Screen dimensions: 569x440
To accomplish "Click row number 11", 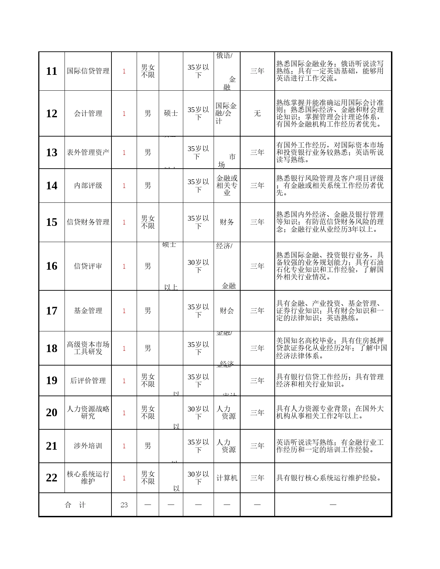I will pos(51,71).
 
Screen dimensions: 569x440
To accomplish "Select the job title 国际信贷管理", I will pos(88,71).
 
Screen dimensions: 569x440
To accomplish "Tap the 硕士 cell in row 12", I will pos(171,113).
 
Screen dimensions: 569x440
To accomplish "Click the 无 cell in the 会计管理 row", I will pos(257,113).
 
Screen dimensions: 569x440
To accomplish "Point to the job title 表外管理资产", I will pos(88,152).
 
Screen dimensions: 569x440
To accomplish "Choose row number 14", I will pos(51,186).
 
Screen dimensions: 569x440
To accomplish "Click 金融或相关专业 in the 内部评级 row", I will pos(227,186).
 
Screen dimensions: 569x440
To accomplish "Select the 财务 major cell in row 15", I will pos(227,222).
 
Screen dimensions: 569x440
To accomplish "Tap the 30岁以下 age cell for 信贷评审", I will pos(198,266).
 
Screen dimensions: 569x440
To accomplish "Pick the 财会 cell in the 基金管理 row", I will pos(227,311).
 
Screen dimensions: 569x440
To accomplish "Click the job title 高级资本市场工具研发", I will pos(88,348).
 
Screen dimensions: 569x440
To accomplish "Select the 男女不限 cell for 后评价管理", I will pos(148,380).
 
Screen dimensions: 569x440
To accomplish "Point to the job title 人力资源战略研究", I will pos(88,412).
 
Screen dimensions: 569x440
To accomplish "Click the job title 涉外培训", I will pos(88,446).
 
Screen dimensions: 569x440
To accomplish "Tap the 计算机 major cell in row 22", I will pos(227,478).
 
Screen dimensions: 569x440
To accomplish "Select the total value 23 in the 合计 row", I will pos(124,505).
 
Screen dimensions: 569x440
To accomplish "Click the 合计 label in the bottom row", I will pos(75,505).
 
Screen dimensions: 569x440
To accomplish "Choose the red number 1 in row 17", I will pos(124,311).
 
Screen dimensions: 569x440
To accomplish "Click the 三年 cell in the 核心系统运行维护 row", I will pos(257,478).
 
